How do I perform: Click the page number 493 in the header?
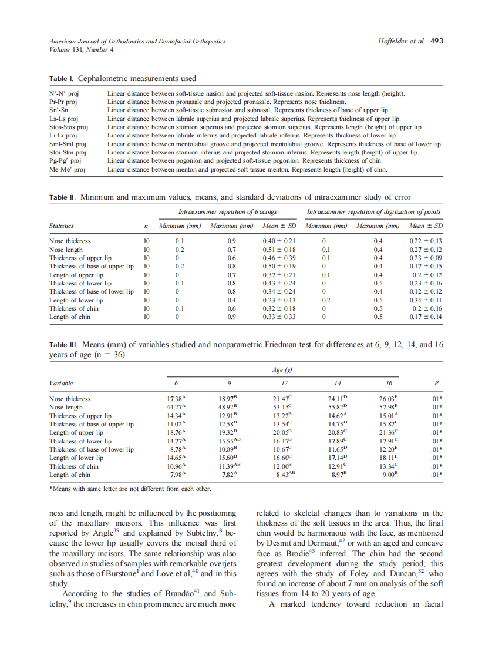coord(436,41)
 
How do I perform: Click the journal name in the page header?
coord(137,41)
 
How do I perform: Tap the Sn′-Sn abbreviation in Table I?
coord(59,110)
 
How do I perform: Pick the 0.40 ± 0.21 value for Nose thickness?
coord(279,241)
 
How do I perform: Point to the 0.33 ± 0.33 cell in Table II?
coord(279,317)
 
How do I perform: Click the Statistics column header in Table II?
coord(62,226)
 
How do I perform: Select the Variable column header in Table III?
coord(61,383)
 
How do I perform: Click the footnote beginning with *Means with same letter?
coord(130,488)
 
